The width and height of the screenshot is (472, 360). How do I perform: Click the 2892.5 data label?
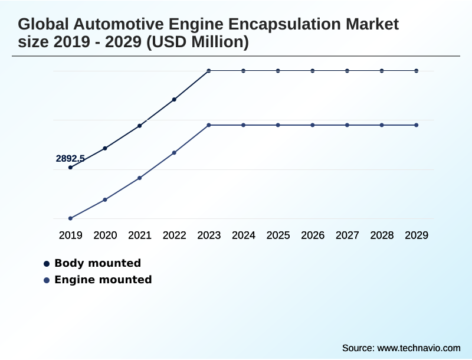click(x=70, y=158)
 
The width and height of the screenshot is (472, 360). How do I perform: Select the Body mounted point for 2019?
click(x=70, y=168)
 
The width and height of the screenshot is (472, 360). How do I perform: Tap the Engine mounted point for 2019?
click(x=70, y=218)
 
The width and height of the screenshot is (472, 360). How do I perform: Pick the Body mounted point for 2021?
click(x=140, y=126)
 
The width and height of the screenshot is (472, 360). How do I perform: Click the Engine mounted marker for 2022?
click(x=174, y=153)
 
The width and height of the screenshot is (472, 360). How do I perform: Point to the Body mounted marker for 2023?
click(x=209, y=71)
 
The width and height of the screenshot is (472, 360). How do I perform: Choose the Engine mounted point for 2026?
click(x=313, y=125)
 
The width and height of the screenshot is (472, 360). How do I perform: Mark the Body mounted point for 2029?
click(x=417, y=71)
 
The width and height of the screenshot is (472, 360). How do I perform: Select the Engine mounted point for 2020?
click(x=105, y=199)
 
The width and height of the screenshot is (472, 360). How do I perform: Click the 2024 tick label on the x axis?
click(x=244, y=235)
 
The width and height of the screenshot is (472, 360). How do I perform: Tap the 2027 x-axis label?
click(x=348, y=235)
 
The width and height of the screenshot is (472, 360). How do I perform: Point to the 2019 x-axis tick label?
click(x=71, y=235)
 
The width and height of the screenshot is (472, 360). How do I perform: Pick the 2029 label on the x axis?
click(x=417, y=235)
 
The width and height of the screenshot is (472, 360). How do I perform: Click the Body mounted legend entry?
click(x=97, y=263)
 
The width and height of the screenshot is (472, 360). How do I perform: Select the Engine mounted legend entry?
click(x=103, y=280)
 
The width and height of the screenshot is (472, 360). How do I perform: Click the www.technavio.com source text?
click(x=418, y=348)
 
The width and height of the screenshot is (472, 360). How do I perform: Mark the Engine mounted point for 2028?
click(x=382, y=125)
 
